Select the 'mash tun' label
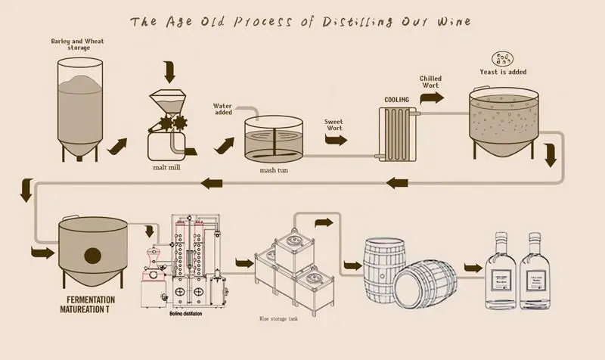click(271, 169)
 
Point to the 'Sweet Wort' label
click(334, 123)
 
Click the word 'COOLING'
click(397, 99)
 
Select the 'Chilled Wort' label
click(431, 82)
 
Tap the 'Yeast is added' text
click(503, 73)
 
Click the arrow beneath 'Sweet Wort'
click(337, 140)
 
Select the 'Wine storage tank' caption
click(283, 318)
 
